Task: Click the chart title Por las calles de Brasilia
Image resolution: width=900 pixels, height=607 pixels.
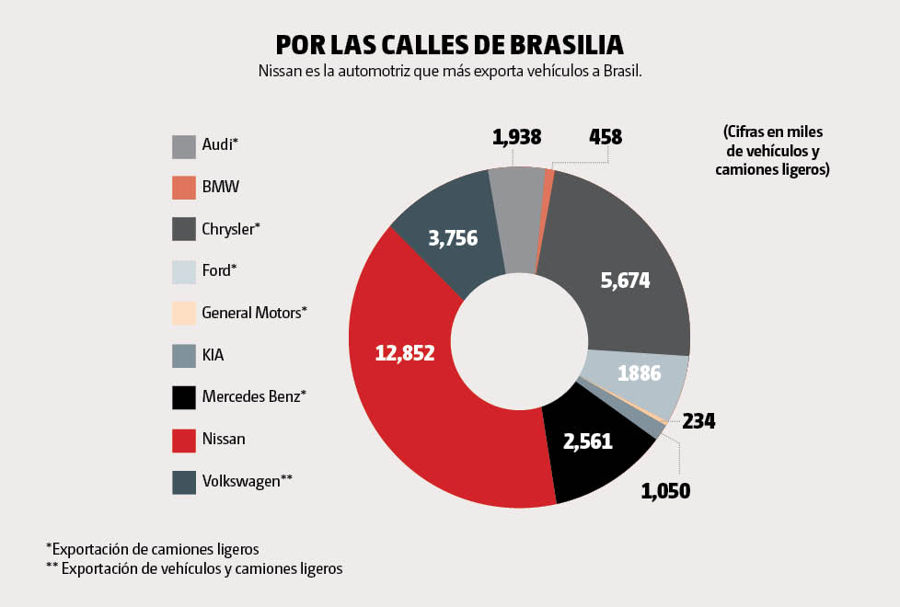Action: (x=450, y=45)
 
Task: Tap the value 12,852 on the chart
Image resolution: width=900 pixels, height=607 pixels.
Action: (x=405, y=351)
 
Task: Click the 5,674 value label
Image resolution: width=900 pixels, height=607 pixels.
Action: (x=625, y=281)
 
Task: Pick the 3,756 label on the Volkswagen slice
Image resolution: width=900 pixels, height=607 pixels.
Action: (x=453, y=238)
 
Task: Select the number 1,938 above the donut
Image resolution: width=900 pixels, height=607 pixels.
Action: (x=516, y=138)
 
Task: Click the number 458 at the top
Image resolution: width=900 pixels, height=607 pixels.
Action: (x=606, y=138)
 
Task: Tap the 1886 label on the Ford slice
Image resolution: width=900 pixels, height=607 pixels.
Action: (x=639, y=373)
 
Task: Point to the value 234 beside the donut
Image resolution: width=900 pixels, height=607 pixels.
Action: (x=698, y=422)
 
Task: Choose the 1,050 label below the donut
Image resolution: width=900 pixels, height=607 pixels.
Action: (x=664, y=490)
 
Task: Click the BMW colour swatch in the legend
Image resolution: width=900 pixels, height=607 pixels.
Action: (x=184, y=188)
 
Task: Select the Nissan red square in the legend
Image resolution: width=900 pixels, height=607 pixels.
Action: (x=184, y=440)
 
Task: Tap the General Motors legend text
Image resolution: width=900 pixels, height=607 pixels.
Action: (x=254, y=313)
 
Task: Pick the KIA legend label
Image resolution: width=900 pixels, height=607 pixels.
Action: (x=213, y=355)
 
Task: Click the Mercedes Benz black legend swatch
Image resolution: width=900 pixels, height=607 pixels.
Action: (x=184, y=397)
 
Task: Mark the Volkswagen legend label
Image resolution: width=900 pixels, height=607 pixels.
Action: (x=247, y=481)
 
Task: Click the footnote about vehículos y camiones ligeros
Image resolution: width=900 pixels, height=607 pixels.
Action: (x=194, y=568)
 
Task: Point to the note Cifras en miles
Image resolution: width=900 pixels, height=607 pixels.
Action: (x=772, y=150)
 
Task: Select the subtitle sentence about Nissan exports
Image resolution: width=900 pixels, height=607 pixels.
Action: (x=450, y=72)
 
